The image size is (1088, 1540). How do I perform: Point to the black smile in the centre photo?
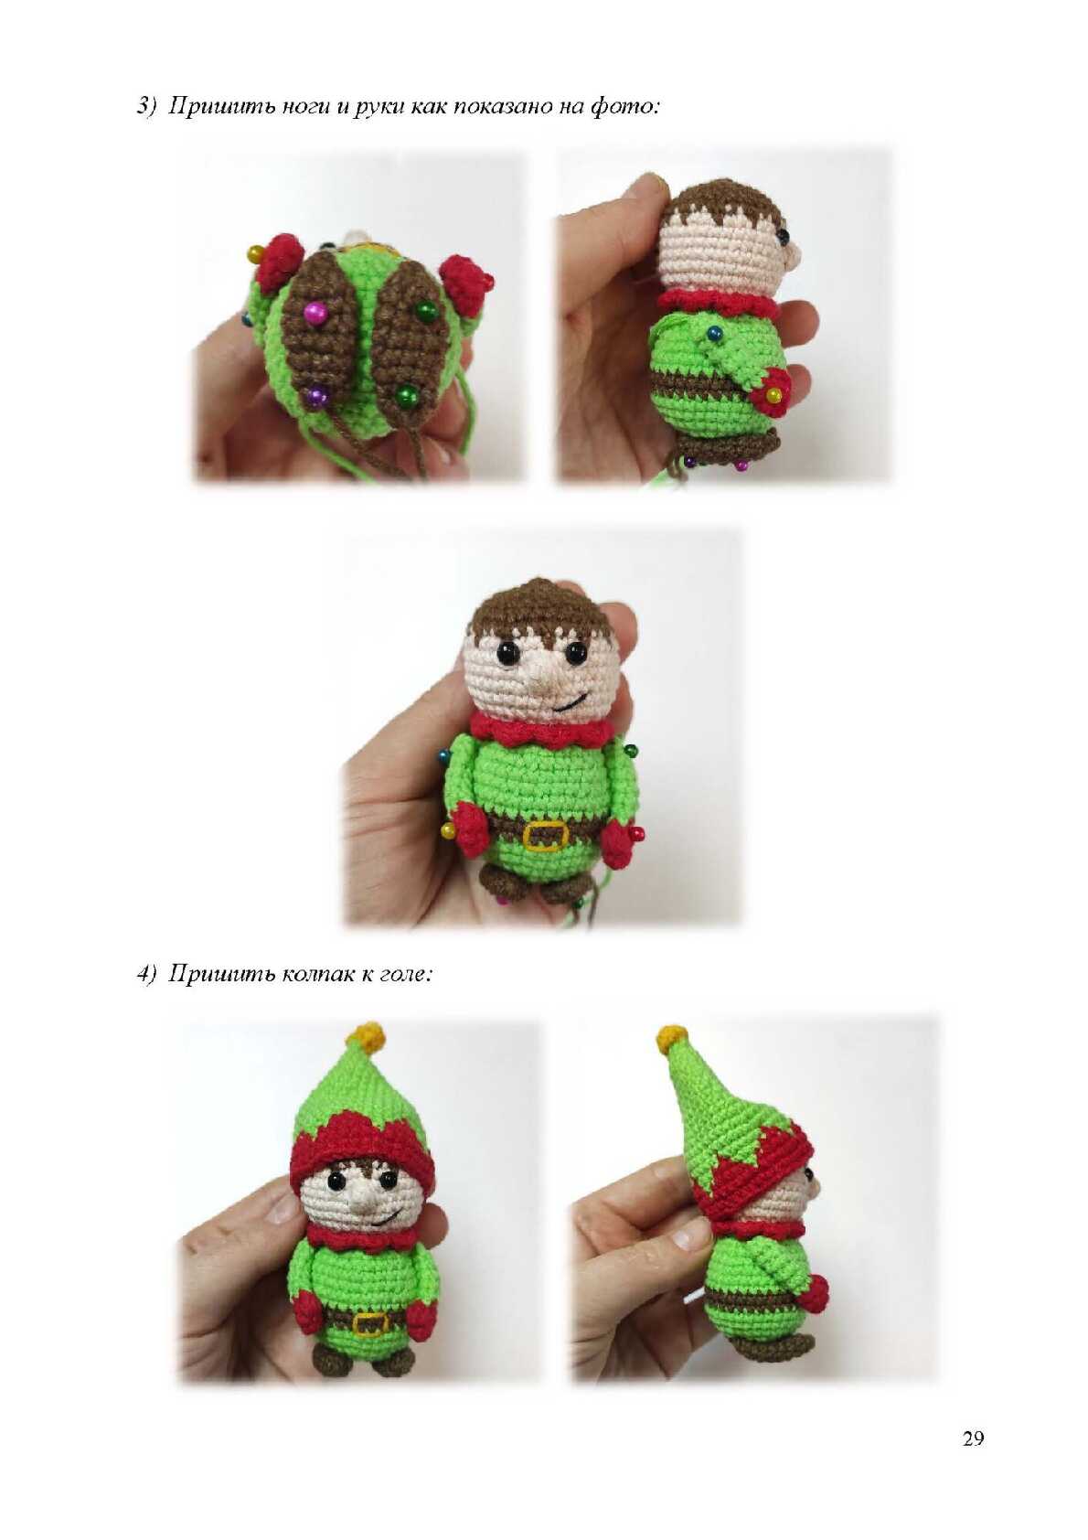click(x=571, y=702)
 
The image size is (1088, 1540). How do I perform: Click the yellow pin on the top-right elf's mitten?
click(x=775, y=395)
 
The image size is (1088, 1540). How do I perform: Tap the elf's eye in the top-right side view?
click(x=783, y=237)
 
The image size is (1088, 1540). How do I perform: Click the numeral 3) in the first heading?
click(x=147, y=108)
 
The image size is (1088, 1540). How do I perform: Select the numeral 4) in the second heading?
click(x=147, y=974)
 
